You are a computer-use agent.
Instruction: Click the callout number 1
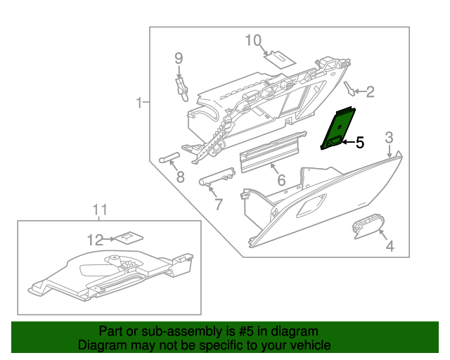coord(140,103)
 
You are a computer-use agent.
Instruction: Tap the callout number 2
coord(370,91)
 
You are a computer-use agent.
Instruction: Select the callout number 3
coord(389,136)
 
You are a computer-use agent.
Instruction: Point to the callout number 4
coord(389,246)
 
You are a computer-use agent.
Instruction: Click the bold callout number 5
coord(359,143)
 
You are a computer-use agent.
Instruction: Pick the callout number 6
coord(281,181)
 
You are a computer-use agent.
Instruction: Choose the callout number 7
coord(218,205)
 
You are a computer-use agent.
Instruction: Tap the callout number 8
coord(181,177)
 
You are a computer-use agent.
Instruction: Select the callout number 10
coord(252,40)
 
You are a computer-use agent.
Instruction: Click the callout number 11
coord(101,209)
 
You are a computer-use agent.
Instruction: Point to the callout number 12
coord(94,240)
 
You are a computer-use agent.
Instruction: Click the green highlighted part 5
coord(337,129)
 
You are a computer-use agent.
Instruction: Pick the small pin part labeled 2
coord(349,88)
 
